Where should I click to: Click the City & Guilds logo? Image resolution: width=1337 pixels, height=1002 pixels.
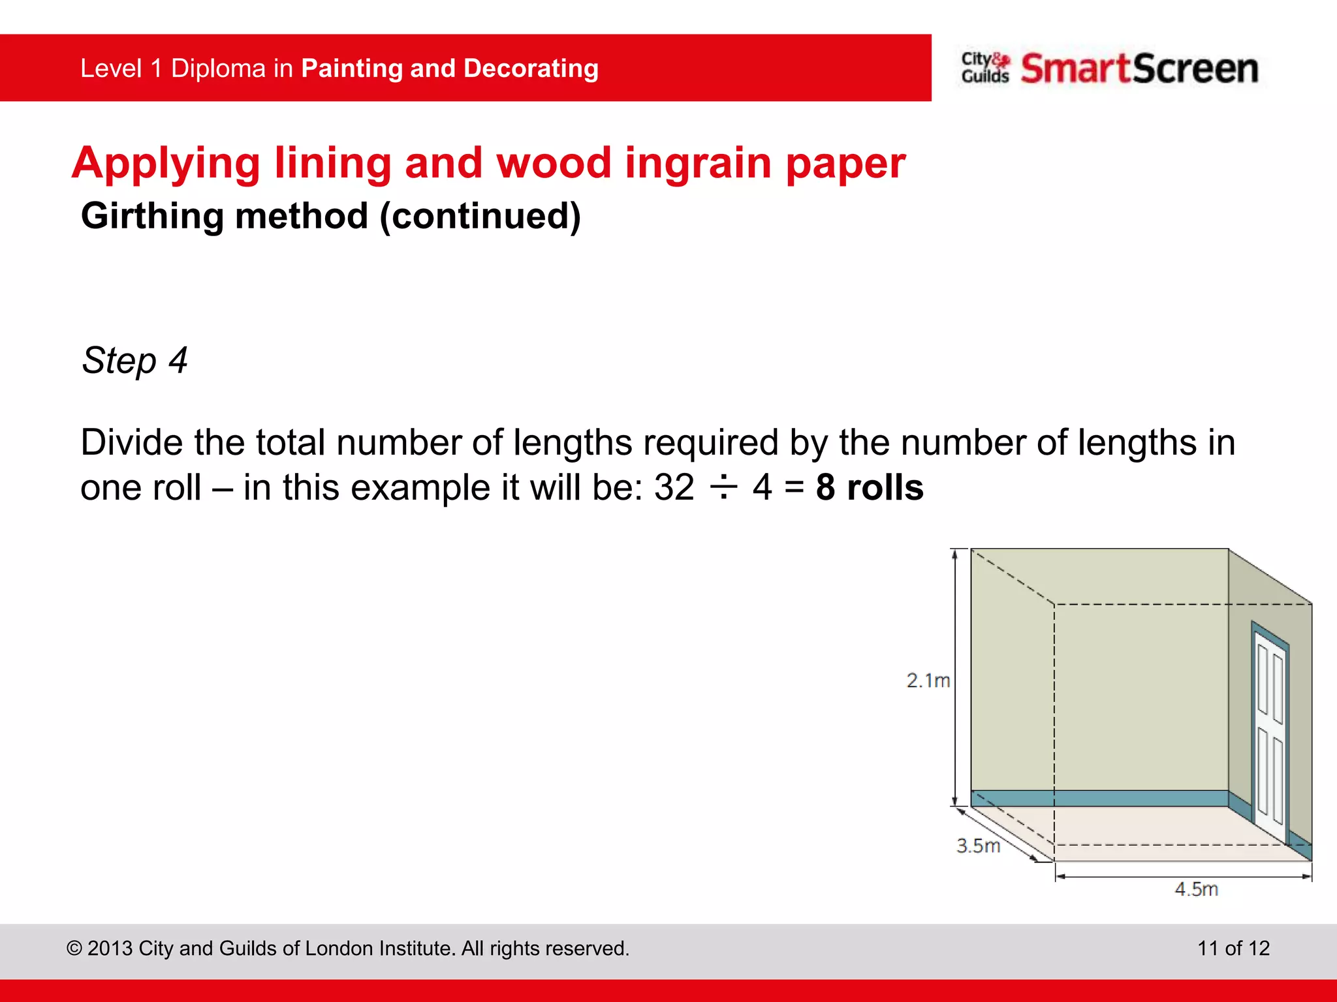click(x=984, y=68)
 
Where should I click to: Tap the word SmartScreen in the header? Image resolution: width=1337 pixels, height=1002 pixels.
click(x=1139, y=68)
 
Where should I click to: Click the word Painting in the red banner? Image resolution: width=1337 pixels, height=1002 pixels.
click(x=352, y=68)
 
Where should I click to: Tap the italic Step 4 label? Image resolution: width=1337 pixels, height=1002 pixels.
click(x=134, y=360)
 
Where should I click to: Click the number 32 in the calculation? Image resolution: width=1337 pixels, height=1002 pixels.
click(x=674, y=487)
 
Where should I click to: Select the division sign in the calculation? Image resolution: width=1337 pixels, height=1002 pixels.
click(x=723, y=487)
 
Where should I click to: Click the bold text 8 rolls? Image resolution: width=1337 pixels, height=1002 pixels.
click(x=870, y=487)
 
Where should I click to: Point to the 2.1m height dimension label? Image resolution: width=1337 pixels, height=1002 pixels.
click(x=928, y=680)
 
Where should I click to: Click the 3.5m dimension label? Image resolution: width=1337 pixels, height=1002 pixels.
click(x=978, y=845)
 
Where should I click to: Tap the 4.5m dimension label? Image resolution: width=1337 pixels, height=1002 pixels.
click(x=1196, y=888)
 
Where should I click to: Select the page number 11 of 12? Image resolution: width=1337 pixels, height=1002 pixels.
click(x=1233, y=948)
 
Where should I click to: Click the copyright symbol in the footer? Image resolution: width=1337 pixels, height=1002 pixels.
click(x=74, y=949)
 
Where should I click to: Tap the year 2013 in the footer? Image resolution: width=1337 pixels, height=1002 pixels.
click(x=110, y=948)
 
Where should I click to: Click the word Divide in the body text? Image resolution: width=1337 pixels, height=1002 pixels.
click(x=131, y=442)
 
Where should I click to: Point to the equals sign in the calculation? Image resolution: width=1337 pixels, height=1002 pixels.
click(x=794, y=488)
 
